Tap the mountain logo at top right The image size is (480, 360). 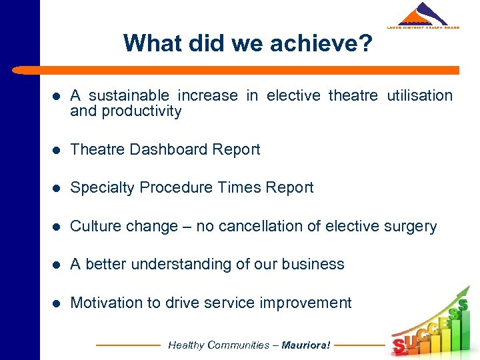(423, 15)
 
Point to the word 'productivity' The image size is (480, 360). (141, 111)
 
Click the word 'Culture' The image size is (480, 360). (95, 227)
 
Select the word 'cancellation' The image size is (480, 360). (259, 227)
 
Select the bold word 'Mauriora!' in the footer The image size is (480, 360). (306, 345)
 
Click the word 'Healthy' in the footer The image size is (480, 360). (187, 345)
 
